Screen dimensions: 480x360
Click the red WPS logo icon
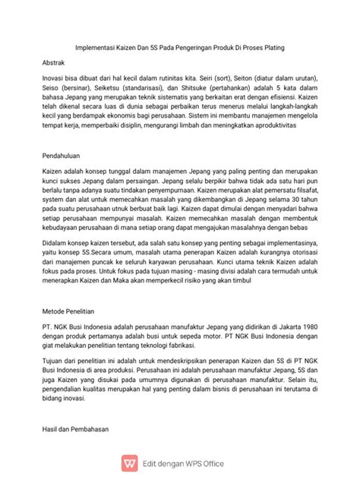pyautogui.click(x=131, y=462)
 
